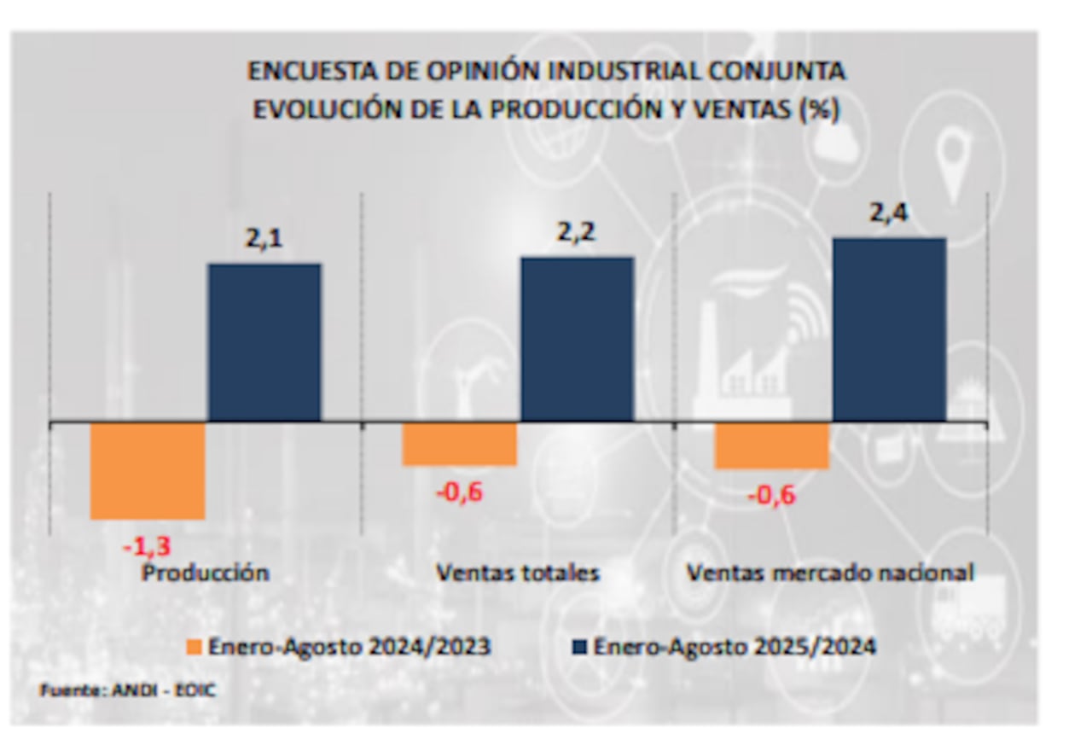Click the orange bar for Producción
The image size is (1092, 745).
tap(148, 470)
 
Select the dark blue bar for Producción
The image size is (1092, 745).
tap(264, 342)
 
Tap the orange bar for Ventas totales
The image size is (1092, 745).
tap(460, 444)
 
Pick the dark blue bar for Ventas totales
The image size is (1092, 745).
tap(577, 339)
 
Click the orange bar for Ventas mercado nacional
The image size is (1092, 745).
tap(772, 445)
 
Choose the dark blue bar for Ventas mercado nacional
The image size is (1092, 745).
tap(889, 329)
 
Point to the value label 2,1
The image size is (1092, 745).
tap(264, 240)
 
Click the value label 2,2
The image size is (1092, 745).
tap(577, 233)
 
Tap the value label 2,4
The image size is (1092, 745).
tap(889, 213)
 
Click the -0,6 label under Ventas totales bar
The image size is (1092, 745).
tap(458, 492)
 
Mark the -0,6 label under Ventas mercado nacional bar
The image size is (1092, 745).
tap(770, 494)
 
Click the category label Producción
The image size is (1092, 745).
tap(206, 572)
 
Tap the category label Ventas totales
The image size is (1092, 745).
tap(518, 572)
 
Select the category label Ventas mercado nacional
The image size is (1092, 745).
tap(830, 572)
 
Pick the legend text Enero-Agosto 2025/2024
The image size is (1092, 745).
tap(735, 647)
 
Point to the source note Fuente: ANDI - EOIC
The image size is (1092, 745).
tap(128, 690)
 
